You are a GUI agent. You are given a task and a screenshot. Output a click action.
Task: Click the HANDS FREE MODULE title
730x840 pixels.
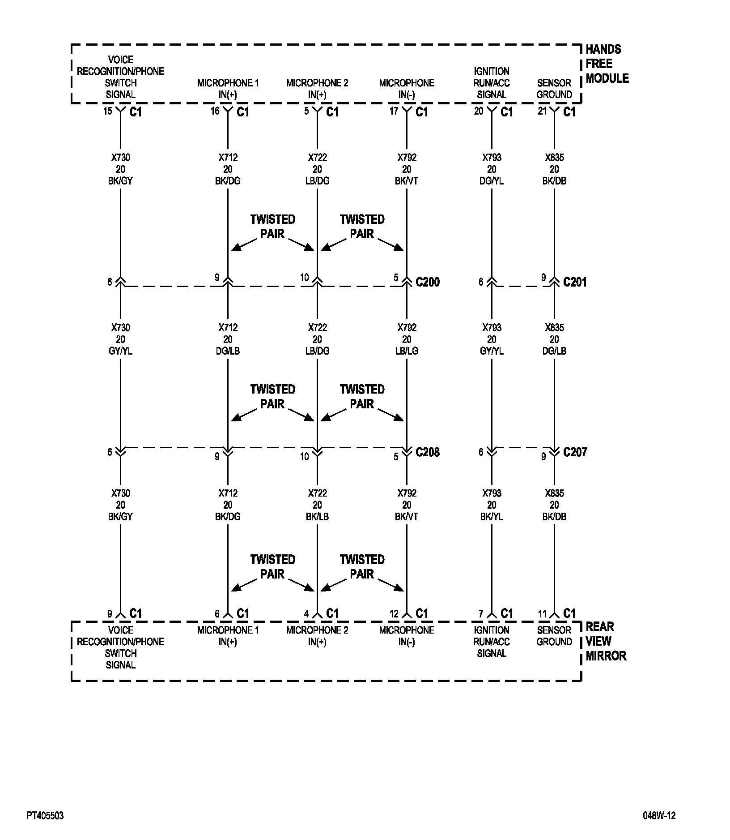pyautogui.click(x=607, y=64)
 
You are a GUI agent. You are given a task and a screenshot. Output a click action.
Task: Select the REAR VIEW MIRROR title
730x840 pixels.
pyautogui.click(x=606, y=641)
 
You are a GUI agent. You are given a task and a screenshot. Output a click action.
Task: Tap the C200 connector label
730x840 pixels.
pyautogui.click(x=428, y=282)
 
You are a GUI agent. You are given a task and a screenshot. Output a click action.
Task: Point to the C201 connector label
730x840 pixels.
pyautogui.click(x=575, y=282)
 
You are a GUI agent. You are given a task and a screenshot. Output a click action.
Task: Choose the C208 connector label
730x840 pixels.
pyautogui.click(x=428, y=452)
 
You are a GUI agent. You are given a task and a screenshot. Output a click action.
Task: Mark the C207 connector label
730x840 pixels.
pyautogui.click(x=575, y=452)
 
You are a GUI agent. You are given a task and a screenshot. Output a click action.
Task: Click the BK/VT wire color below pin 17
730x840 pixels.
pyautogui.click(x=407, y=181)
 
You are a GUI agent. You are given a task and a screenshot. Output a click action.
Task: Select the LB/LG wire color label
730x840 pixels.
pyautogui.click(x=407, y=351)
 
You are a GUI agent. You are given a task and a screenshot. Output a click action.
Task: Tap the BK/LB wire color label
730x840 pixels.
pyautogui.click(x=317, y=517)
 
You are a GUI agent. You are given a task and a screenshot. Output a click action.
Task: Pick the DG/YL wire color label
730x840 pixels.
pyautogui.click(x=492, y=181)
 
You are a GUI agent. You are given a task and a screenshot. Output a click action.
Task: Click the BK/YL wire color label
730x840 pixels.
pyautogui.click(x=492, y=517)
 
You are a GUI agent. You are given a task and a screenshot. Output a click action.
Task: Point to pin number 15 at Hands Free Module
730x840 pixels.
pyautogui.click(x=108, y=111)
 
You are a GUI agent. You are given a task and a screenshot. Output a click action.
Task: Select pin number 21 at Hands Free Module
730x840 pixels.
pyautogui.click(x=542, y=111)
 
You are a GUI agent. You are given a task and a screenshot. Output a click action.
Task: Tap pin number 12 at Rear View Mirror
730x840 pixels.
pyautogui.click(x=394, y=614)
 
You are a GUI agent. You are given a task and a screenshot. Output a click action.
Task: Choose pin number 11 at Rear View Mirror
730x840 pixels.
pyautogui.click(x=542, y=614)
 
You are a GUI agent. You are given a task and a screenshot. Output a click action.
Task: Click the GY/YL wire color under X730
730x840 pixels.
pyautogui.click(x=120, y=351)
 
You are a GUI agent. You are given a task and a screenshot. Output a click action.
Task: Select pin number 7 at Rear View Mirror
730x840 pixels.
pyautogui.click(x=481, y=614)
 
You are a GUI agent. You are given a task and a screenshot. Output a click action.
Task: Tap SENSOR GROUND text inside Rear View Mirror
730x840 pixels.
pyautogui.click(x=554, y=636)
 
